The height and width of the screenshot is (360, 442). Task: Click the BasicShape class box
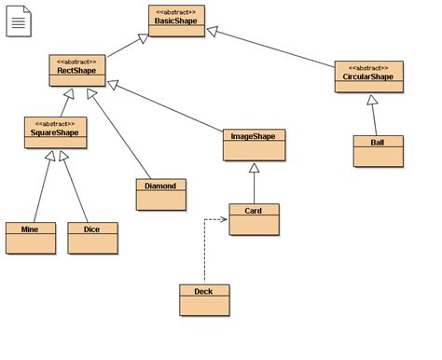point(176,21)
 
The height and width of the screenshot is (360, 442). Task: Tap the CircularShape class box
point(368,76)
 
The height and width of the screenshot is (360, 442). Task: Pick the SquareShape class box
point(56,132)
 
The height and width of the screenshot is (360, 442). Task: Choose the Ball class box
point(379,151)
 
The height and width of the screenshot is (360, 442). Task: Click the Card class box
point(254,219)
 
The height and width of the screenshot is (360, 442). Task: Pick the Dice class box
point(92,238)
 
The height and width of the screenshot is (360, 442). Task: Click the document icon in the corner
point(19,20)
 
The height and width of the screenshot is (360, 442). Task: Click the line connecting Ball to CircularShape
point(375,117)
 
